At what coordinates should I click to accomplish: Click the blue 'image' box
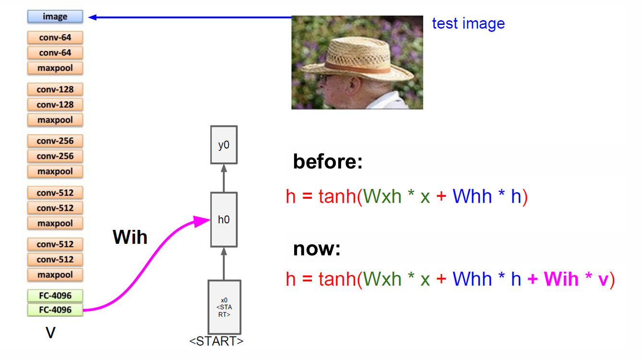pos(55,17)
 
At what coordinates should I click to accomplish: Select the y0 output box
pos(224,144)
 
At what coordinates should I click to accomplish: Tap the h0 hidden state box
pos(224,220)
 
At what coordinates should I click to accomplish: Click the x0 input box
pos(224,307)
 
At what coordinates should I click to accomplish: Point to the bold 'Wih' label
pos(130,237)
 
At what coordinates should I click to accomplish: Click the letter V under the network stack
pos(50,333)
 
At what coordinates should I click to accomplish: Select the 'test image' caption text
pos(468,24)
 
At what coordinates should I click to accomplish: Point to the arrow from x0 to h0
pos(224,263)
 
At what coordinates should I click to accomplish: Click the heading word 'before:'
pos(328,162)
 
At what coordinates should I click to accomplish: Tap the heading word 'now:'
pos(317,249)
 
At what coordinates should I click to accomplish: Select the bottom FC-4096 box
pos(55,310)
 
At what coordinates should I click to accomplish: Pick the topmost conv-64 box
pos(55,37)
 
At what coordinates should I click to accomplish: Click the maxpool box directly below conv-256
pos(55,171)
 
